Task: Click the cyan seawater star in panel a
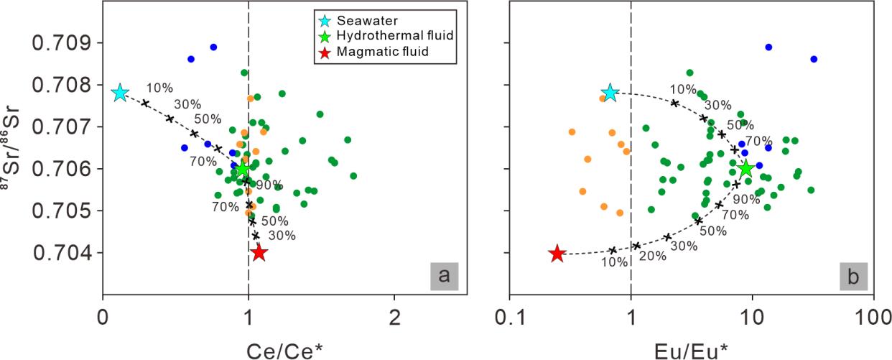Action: [120, 93]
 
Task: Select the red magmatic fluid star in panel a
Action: [259, 253]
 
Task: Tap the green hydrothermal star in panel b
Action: [746, 169]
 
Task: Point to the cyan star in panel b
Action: [610, 93]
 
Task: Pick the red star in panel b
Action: [557, 253]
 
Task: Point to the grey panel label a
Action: [446, 275]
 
